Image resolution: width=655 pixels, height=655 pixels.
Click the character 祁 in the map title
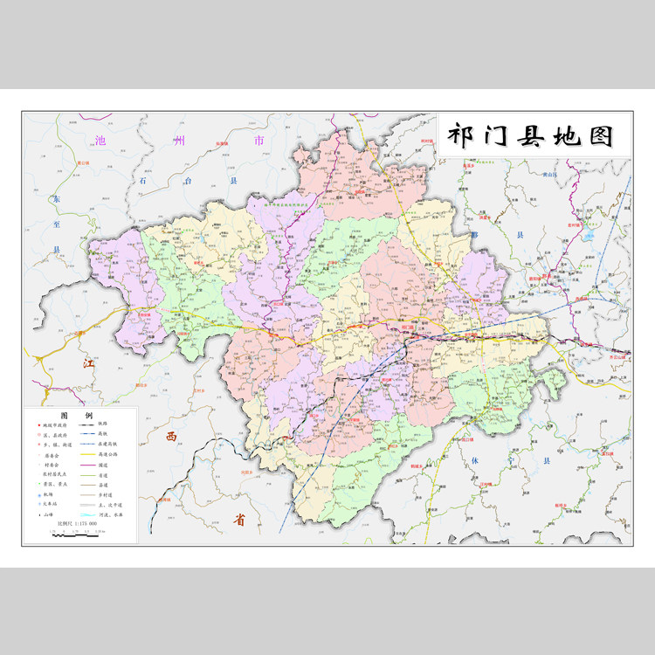point(460,135)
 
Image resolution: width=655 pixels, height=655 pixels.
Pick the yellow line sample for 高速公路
point(86,455)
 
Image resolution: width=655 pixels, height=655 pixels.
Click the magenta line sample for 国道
point(86,466)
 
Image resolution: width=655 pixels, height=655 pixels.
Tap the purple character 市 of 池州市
point(259,141)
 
